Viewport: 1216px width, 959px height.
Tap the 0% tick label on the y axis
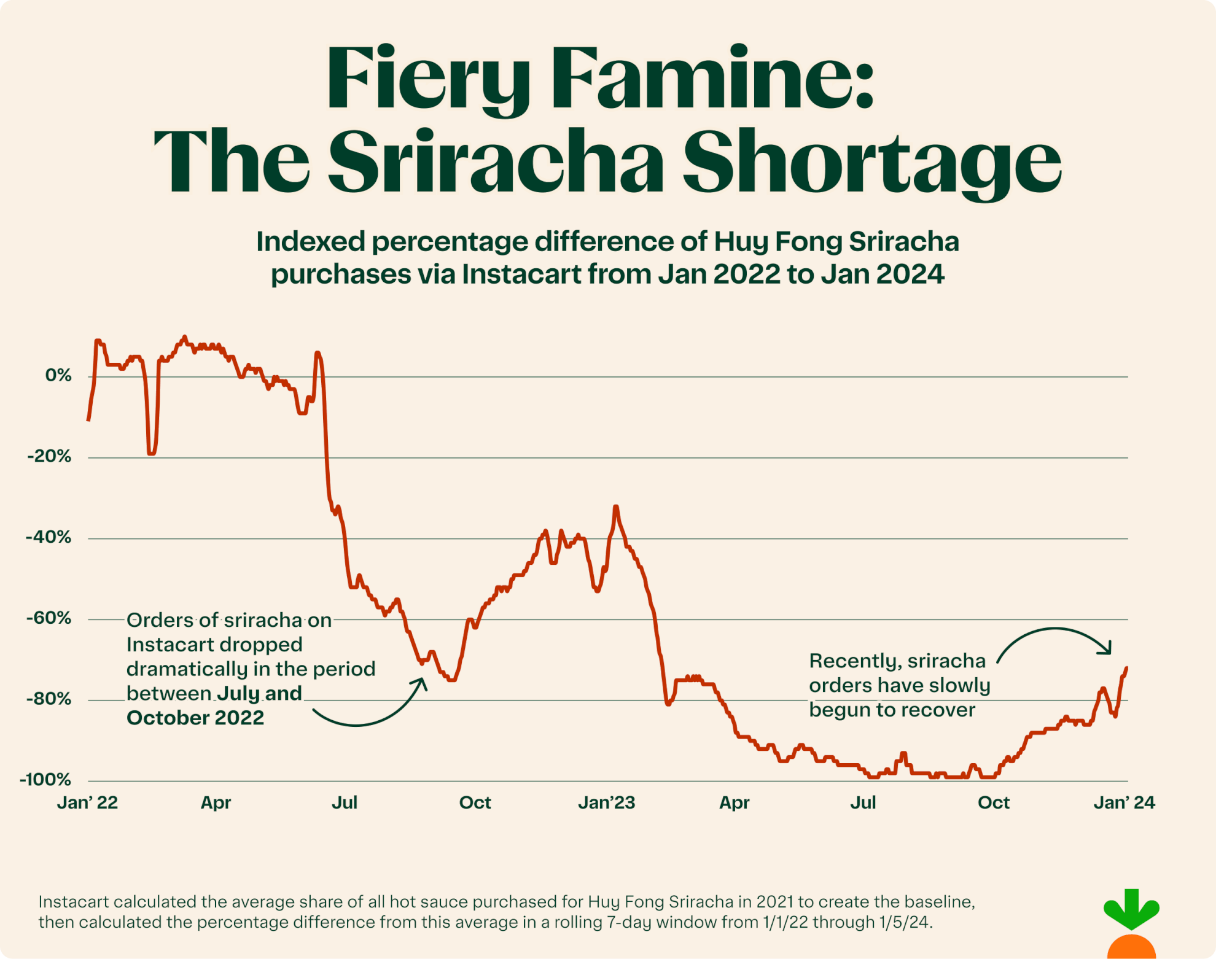tap(58, 375)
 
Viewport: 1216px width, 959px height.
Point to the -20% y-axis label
tap(49, 456)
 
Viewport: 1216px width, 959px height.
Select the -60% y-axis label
tap(49, 618)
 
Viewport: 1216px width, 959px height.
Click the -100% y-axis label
tap(45, 780)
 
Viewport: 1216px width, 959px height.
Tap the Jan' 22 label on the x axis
tap(87, 802)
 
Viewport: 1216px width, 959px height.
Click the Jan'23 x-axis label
tap(606, 802)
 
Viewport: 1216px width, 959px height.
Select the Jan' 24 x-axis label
tap(1124, 802)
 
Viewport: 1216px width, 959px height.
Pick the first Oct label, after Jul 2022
tap(475, 802)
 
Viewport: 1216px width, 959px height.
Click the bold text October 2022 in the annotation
tap(195, 718)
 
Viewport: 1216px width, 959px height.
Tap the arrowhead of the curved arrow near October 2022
tap(423, 681)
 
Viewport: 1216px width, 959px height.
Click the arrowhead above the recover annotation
tap(1108, 650)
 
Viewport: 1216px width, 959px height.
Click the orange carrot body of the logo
tap(1131, 947)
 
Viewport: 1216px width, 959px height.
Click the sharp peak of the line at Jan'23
tap(616, 507)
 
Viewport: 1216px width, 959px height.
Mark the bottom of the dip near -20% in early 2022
tap(151, 453)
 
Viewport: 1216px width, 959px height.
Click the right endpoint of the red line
tap(1126, 668)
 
